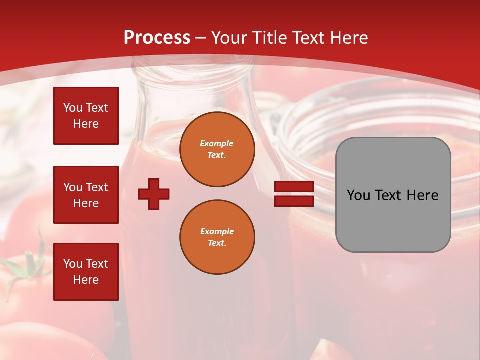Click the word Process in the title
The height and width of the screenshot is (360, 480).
click(x=157, y=38)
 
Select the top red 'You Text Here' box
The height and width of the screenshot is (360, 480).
click(x=86, y=116)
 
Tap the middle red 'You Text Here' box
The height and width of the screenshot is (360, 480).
click(x=86, y=195)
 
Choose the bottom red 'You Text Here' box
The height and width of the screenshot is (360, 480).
click(x=86, y=271)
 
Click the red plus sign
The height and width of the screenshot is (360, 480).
click(x=154, y=194)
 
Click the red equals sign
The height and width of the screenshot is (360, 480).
click(x=294, y=194)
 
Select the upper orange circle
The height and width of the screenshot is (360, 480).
click(x=217, y=149)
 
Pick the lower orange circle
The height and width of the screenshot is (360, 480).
click(x=217, y=237)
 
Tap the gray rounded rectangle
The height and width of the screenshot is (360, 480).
click(x=393, y=220)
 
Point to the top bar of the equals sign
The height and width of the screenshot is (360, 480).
click(x=294, y=187)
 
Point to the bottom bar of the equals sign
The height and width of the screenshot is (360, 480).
click(x=294, y=201)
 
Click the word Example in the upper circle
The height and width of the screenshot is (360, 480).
click(x=217, y=143)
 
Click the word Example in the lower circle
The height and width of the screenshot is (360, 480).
click(x=217, y=231)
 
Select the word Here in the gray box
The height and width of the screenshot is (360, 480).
click(x=422, y=195)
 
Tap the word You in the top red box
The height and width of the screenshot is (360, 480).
click(x=73, y=108)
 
